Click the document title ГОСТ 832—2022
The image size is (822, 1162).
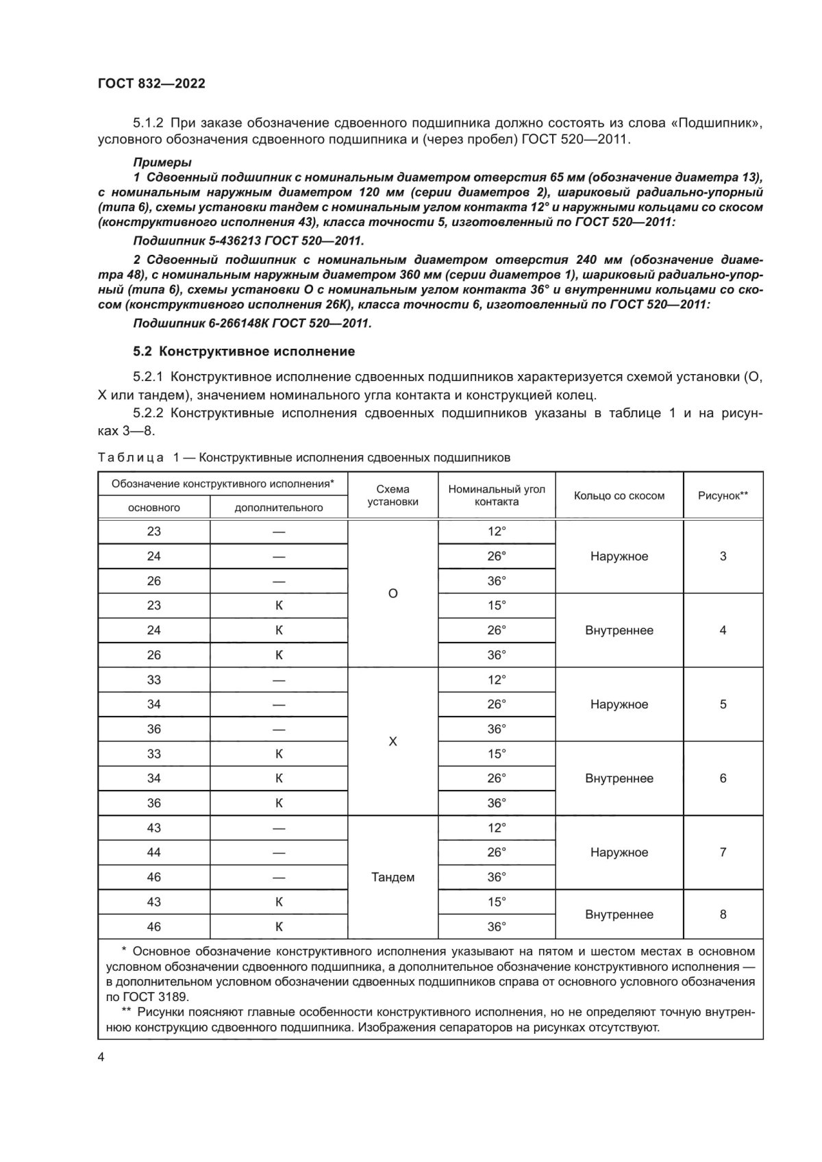click(x=151, y=84)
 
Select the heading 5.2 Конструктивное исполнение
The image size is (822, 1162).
click(x=244, y=351)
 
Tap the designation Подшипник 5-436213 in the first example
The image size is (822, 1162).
click(x=206, y=241)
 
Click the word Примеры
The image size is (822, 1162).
click(x=162, y=162)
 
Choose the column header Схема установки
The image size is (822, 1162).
click(x=393, y=495)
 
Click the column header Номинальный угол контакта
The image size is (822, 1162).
click(x=497, y=495)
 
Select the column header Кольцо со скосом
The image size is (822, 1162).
click(x=619, y=495)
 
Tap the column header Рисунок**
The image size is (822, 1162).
click(x=723, y=495)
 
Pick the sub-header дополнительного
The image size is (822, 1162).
click(x=279, y=508)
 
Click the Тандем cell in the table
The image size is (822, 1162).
click(x=393, y=877)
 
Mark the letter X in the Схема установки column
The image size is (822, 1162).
click(x=393, y=741)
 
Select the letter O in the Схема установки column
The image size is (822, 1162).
click(x=393, y=593)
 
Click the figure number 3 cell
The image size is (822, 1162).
click(x=723, y=556)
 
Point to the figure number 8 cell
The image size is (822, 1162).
click(x=723, y=914)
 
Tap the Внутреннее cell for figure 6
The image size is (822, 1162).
click(x=619, y=778)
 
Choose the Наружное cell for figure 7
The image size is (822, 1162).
click(x=619, y=852)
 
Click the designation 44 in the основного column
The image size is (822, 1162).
click(x=154, y=852)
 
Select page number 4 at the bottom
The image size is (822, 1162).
click(x=102, y=1058)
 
